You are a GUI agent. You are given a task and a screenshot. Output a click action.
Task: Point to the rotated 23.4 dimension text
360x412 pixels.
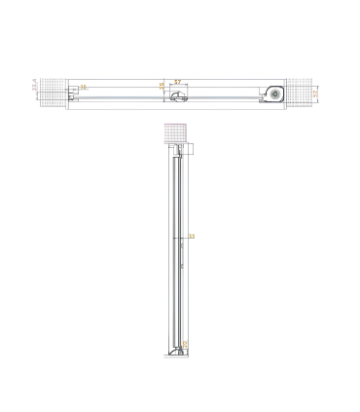coord(35,89)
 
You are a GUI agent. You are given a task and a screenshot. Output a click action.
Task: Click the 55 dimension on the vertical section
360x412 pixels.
coord(192,236)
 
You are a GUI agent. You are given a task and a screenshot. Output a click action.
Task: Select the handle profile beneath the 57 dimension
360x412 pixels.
coord(176,94)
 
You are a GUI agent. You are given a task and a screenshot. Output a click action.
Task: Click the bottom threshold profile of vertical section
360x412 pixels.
coord(176,355)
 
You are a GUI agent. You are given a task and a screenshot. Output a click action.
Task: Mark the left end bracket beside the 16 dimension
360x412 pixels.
coord(71,94)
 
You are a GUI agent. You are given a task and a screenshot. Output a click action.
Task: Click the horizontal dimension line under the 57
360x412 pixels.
coord(177,86)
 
